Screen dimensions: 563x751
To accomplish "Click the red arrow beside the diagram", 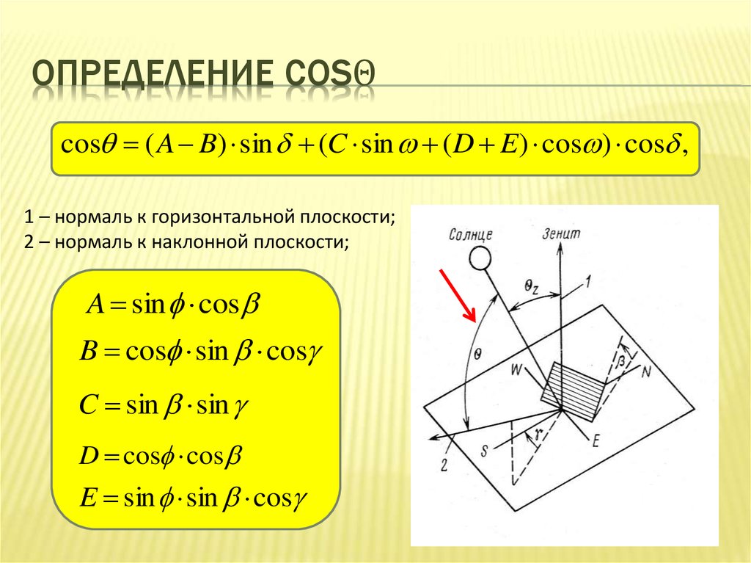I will [x=457, y=295].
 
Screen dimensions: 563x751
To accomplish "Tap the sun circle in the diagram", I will [x=480, y=258].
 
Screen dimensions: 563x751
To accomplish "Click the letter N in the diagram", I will [x=646, y=371].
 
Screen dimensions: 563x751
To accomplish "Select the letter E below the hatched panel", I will [x=596, y=440].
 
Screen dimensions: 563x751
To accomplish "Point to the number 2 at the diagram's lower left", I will [x=444, y=463].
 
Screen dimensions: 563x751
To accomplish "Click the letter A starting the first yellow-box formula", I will [x=95, y=305].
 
